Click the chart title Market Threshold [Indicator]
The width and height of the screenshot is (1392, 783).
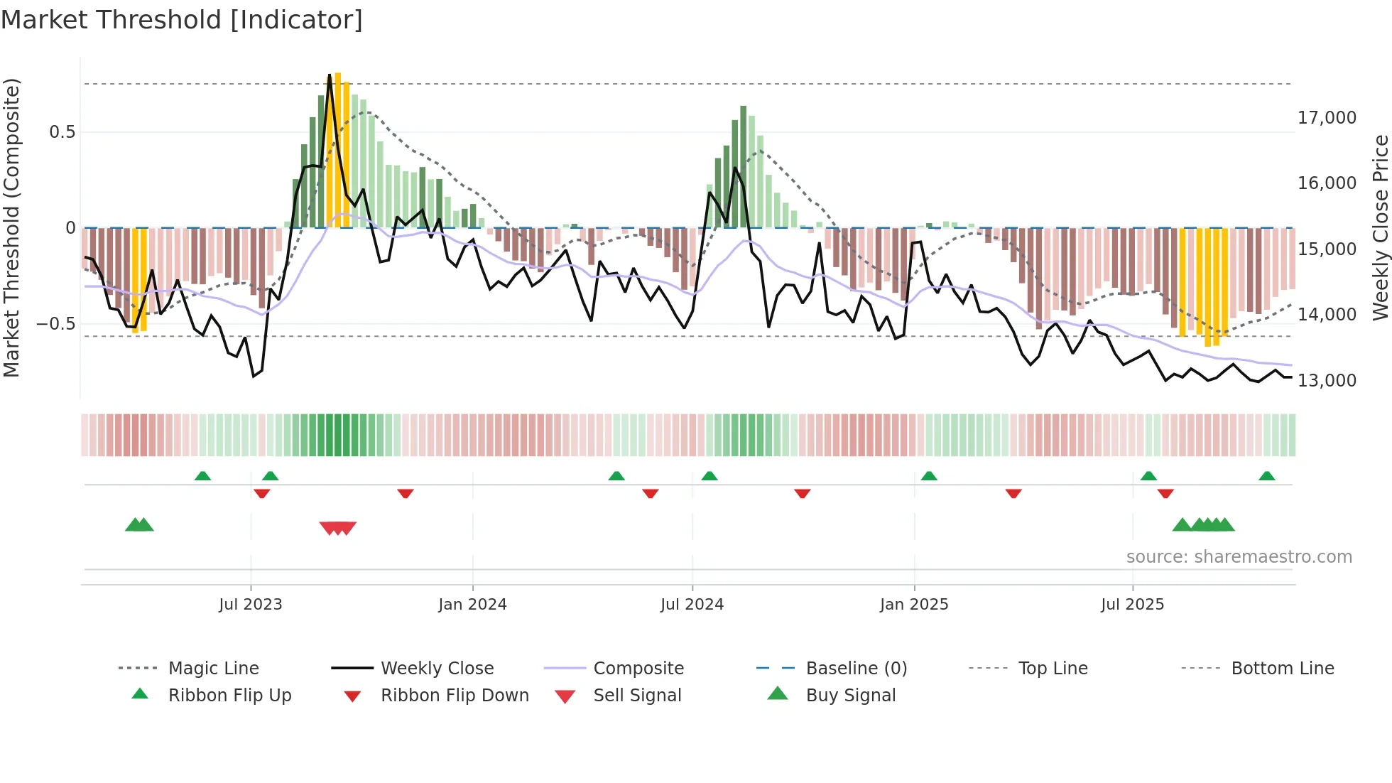[x=182, y=20]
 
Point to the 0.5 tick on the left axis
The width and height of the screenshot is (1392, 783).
[x=62, y=132]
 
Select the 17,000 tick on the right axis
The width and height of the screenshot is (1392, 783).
[x=1327, y=118]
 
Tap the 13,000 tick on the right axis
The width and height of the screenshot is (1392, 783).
[x=1327, y=381]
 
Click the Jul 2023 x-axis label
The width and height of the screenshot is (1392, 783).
[x=250, y=605]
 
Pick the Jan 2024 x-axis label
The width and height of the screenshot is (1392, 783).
[x=472, y=605]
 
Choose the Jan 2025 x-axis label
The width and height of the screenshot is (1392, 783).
[x=913, y=605]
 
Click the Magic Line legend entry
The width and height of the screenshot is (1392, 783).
[x=213, y=669]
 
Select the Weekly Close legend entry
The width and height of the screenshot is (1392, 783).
[x=437, y=669]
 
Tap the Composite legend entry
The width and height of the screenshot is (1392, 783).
[x=638, y=669]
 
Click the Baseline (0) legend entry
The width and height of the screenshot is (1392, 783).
[x=856, y=669]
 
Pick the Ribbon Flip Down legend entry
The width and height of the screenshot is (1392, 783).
[x=455, y=696]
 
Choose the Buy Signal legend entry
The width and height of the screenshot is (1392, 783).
[x=850, y=696]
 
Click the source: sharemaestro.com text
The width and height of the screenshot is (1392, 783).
[x=1239, y=557]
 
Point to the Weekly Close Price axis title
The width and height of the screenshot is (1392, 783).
[x=1380, y=227]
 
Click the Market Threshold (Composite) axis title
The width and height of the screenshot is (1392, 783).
[x=11, y=227]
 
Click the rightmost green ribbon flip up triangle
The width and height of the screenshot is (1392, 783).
[x=1266, y=476]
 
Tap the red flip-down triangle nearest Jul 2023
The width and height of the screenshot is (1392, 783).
[x=261, y=493]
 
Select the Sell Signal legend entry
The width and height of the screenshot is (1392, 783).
[x=636, y=696]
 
